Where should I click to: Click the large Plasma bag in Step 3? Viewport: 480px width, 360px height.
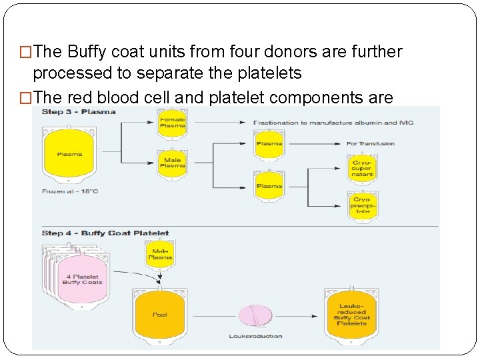(x=69, y=155)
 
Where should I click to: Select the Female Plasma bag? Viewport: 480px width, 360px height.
(x=172, y=123)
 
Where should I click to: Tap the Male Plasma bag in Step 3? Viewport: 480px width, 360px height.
(x=172, y=163)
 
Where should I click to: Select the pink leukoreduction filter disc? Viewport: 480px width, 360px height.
(x=255, y=315)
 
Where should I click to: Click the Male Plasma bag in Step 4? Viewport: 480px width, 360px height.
(x=160, y=254)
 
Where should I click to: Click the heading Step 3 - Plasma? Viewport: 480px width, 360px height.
(x=79, y=111)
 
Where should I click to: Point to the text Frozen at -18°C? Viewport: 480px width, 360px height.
(x=70, y=191)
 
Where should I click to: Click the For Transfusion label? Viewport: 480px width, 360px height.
(x=371, y=143)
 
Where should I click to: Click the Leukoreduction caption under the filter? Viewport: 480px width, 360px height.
(x=255, y=336)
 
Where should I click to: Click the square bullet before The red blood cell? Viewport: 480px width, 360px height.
(x=27, y=98)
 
